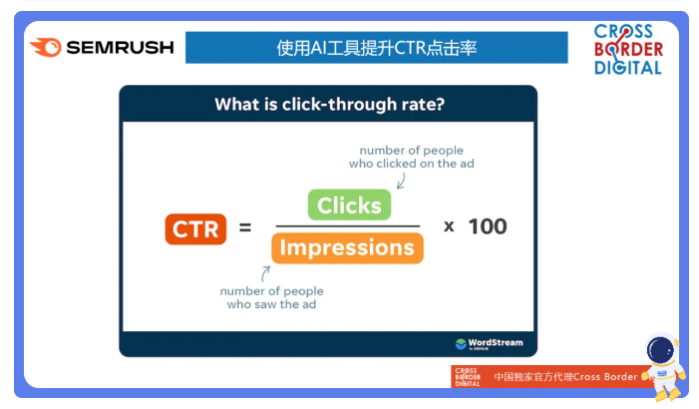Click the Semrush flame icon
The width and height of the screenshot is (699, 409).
(x=46, y=47)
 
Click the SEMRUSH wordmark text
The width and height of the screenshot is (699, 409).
(x=120, y=47)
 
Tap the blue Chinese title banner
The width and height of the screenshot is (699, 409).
(x=377, y=47)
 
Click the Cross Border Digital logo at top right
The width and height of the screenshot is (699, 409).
(x=628, y=49)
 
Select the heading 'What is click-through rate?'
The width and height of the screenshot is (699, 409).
(x=329, y=105)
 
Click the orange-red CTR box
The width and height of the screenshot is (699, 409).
(x=195, y=229)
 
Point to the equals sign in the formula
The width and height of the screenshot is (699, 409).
(x=245, y=227)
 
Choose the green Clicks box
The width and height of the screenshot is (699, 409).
(x=349, y=204)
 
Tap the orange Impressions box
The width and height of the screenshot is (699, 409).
(x=347, y=247)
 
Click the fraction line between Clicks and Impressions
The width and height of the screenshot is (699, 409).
(x=348, y=226)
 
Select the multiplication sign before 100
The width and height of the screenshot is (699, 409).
(x=449, y=226)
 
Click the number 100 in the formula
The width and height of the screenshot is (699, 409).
(x=488, y=226)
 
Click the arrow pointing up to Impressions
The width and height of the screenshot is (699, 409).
(x=265, y=273)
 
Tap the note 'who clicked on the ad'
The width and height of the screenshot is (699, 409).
(x=412, y=164)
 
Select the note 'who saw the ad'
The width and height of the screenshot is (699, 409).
(x=271, y=304)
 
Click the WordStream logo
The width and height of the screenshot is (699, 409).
(x=489, y=344)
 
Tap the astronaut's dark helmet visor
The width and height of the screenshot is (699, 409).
(x=660, y=350)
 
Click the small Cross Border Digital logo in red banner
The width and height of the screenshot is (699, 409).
(x=468, y=377)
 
